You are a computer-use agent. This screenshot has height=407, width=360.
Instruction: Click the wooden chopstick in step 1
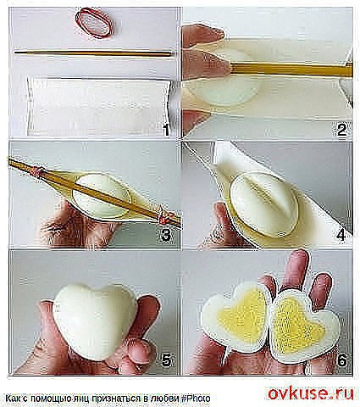click(x=93, y=53)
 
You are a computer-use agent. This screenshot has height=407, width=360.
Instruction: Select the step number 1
click(x=167, y=131)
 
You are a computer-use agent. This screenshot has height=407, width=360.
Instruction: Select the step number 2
click(x=341, y=130)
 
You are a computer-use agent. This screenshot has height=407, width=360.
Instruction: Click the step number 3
click(x=166, y=234)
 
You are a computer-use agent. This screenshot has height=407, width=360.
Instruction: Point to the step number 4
click(x=341, y=234)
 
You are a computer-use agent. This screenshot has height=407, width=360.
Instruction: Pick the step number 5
click(x=166, y=360)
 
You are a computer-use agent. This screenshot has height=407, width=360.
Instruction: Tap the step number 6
click(x=341, y=360)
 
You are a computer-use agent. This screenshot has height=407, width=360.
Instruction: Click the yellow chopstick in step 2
click(x=291, y=70)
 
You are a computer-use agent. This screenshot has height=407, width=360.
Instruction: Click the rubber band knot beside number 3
click(x=163, y=217)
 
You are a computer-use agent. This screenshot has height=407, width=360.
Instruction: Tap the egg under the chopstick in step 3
click(x=99, y=195)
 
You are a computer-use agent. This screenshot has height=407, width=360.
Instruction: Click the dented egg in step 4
click(x=264, y=204)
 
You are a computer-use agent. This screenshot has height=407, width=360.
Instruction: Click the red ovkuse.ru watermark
click(x=311, y=393)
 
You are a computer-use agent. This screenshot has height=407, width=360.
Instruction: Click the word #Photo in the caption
click(x=196, y=399)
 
